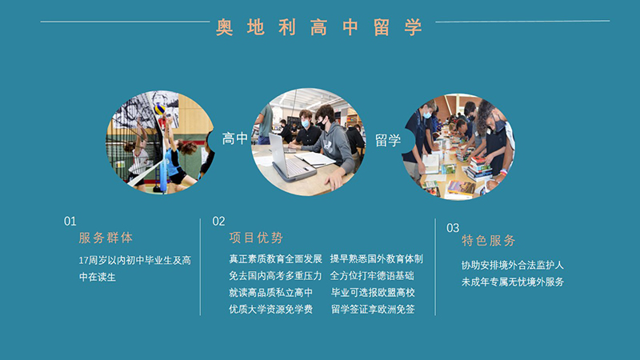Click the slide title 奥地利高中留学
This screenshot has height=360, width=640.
318,28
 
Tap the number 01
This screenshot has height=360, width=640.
70,222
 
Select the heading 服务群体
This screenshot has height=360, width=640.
106,238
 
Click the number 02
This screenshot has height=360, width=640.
218,222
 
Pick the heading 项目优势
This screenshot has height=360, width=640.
256,238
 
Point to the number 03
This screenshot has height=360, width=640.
453,228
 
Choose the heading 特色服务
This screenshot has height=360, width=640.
489,241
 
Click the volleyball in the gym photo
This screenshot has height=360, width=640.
159,109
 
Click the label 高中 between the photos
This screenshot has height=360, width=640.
235,138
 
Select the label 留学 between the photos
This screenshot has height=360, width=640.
388,141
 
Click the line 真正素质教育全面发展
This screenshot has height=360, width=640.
275,258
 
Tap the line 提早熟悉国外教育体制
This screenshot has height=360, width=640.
376,258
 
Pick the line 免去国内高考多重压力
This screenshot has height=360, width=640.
275,276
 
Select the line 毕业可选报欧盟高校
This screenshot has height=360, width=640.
373,293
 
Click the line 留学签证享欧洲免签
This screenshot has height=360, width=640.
373,310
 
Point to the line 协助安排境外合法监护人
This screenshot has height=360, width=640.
513,266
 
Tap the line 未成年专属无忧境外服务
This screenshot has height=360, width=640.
513,282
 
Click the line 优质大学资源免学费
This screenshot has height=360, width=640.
270,310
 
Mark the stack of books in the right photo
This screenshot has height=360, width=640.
478,168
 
